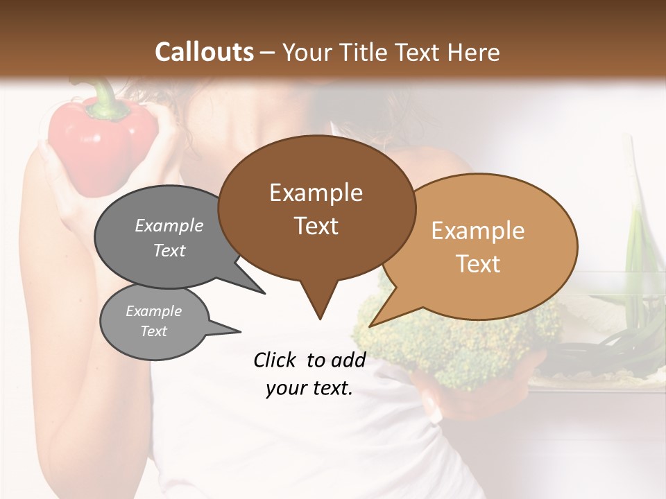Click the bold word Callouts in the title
204,52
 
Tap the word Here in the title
472,52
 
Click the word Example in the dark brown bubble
316,193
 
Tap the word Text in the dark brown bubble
316,226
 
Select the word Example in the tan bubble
478,231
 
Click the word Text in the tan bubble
478,264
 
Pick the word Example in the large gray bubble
169,225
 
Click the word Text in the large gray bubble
169,250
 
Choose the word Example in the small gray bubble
153,311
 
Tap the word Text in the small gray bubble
153,331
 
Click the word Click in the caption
275,360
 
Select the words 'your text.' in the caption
309,389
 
